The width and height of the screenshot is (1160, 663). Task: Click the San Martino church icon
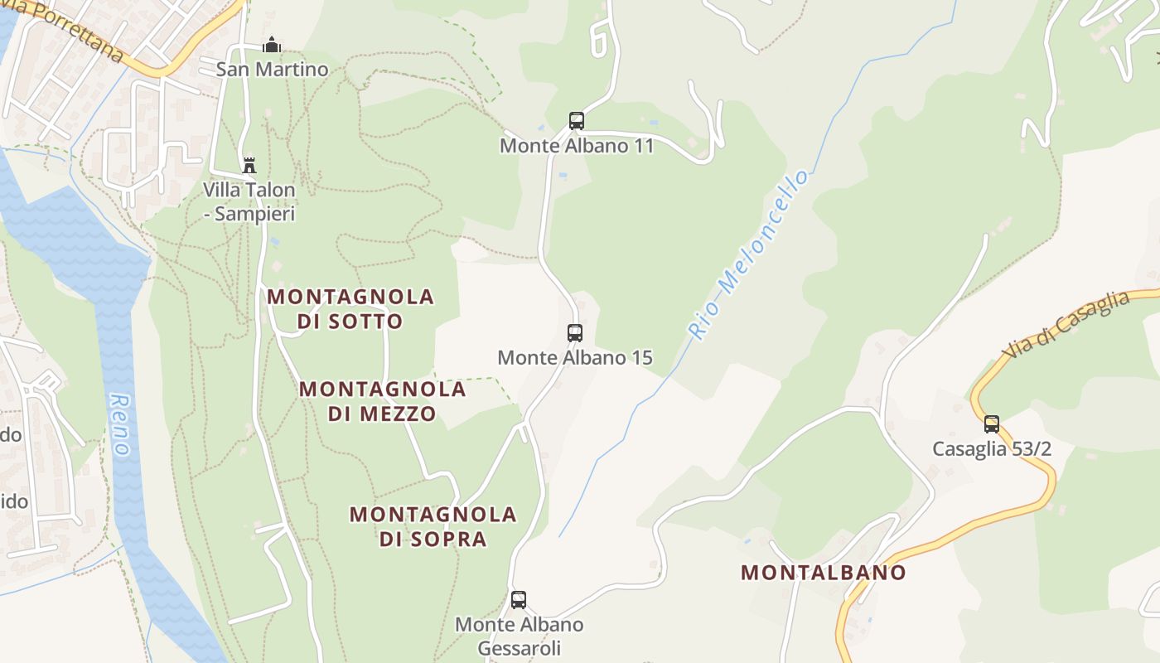coord(272,46)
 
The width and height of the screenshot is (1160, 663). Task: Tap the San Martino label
coord(272,69)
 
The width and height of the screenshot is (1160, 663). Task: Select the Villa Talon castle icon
coord(249,166)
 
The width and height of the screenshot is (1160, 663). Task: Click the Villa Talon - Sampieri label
coord(249,201)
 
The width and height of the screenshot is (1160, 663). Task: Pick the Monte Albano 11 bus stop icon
coord(577,121)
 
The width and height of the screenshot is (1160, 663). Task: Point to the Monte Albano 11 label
coord(577,146)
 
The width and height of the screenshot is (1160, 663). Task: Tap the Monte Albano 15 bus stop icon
coord(575,333)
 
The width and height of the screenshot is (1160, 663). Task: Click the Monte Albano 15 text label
coord(575,358)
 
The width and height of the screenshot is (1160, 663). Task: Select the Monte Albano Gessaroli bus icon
coord(519,600)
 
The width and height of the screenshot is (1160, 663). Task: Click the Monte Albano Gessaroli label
coord(519,636)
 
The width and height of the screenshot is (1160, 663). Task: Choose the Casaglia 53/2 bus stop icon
coord(992,424)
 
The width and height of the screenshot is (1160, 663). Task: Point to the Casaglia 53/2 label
coord(992,449)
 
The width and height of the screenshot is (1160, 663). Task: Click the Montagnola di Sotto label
coord(350,308)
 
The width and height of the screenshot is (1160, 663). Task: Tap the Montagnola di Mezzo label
coord(383,400)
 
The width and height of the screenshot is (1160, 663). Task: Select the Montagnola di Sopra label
coord(433,526)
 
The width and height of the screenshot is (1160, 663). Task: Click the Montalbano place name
coord(823,572)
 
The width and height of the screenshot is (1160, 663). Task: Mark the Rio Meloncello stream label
coord(748,254)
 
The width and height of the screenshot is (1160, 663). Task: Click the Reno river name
coord(121,424)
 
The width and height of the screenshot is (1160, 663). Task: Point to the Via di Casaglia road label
coord(1066,325)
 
